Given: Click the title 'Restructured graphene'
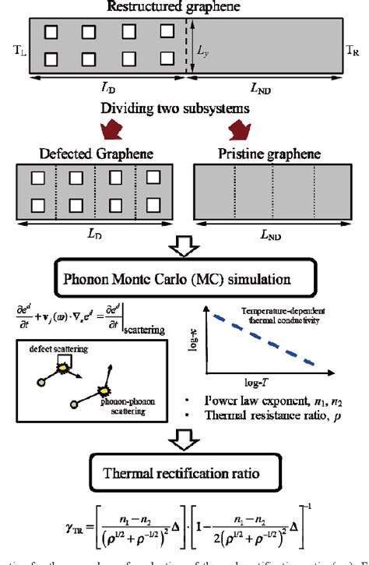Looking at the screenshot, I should point(184,7).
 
